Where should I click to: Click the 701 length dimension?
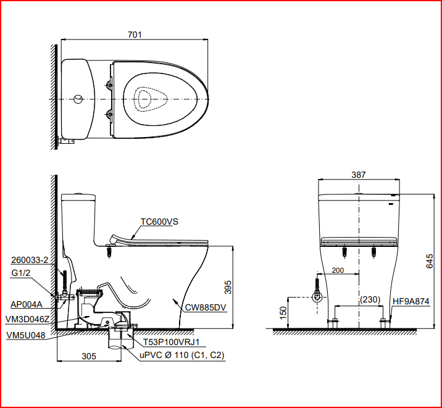click(135, 35)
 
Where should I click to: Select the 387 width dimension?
click(358, 175)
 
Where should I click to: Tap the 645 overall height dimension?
click(429, 261)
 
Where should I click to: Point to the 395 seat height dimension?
click(228, 287)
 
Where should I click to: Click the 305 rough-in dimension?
click(89, 356)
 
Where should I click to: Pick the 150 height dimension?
click(283, 312)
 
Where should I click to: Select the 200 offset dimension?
click(338, 270)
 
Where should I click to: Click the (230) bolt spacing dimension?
click(370, 299)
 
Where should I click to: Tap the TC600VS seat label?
click(159, 222)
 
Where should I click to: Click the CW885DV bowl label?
click(206, 307)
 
